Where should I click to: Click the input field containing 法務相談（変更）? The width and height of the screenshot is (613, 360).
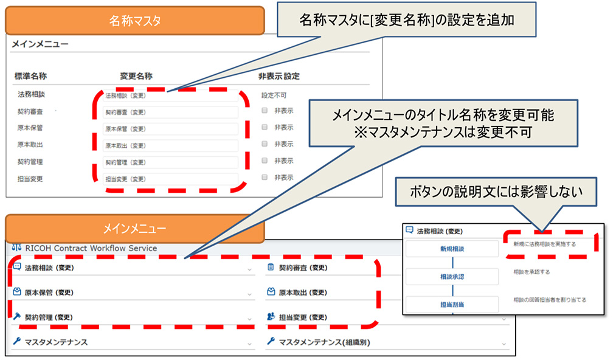pyautogui.click(x=170, y=95)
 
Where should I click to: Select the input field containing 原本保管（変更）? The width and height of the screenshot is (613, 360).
pyautogui.click(x=170, y=129)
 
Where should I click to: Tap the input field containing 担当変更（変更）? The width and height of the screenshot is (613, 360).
pyautogui.click(x=170, y=179)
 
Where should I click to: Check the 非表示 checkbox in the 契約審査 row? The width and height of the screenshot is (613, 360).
pyautogui.click(x=265, y=111)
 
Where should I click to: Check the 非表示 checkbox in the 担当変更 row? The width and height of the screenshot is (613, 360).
pyautogui.click(x=265, y=178)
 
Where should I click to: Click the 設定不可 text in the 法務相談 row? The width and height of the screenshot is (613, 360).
pyautogui.click(x=274, y=95)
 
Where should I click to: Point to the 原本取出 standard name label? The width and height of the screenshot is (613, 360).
pyautogui.click(x=30, y=145)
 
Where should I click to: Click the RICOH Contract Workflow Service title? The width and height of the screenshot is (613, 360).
pyautogui.click(x=91, y=248)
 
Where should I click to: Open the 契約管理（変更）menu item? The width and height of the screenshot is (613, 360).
pyautogui.click(x=49, y=317)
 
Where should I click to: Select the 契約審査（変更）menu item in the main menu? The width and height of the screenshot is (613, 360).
pyautogui.click(x=303, y=268)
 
